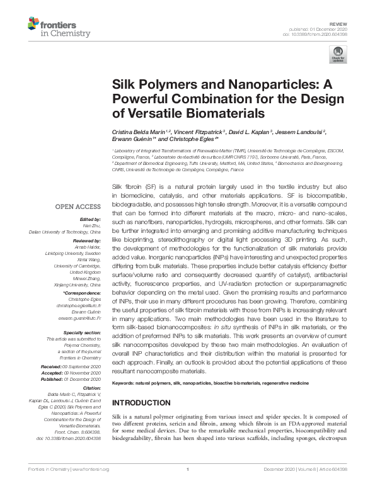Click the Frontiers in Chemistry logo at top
56,27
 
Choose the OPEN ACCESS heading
78,206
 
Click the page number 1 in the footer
188,487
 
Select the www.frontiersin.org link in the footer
92,487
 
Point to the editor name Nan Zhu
92,225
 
